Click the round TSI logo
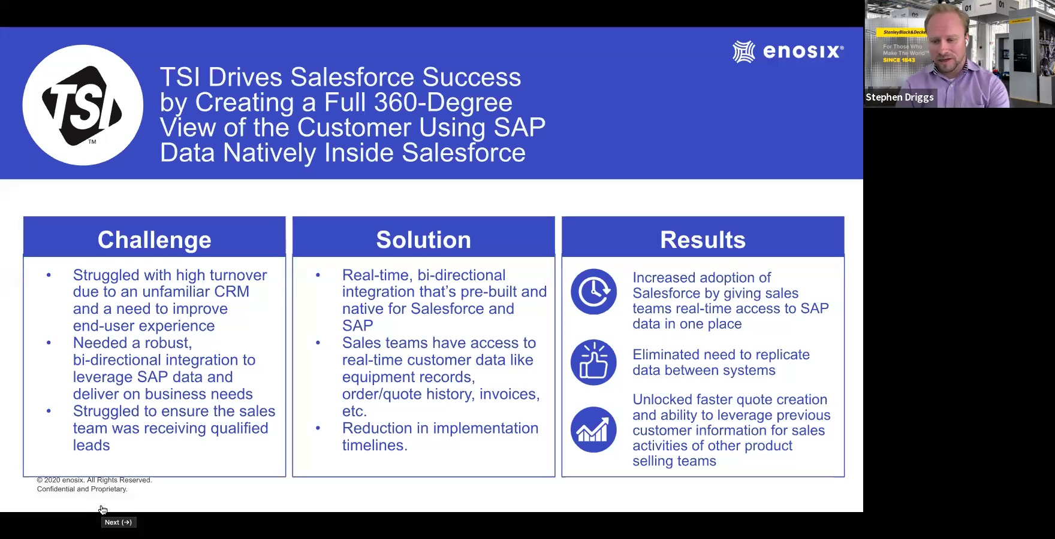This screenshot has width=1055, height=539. click(x=83, y=105)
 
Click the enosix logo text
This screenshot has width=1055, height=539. click(x=803, y=52)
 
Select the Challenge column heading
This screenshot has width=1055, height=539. click(x=155, y=240)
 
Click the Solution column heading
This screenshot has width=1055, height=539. click(x=424, y=240)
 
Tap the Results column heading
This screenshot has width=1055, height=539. click(x=703, y=240)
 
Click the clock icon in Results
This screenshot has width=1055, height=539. click(x=593, y=292)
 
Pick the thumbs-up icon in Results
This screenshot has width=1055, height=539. click(x=593, y=362)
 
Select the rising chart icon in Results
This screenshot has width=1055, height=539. click(x=593, y=429)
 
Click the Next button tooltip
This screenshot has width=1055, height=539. click(x=118, y=522)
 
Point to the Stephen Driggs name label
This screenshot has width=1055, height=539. click(x=899, y=97)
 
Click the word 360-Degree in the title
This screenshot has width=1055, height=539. click(x=443, y=102)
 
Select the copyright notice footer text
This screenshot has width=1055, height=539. click(x=94, y=485)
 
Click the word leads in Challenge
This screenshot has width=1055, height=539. click(x=92, y=446)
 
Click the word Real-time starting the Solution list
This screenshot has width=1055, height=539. click(x=377, y=275)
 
